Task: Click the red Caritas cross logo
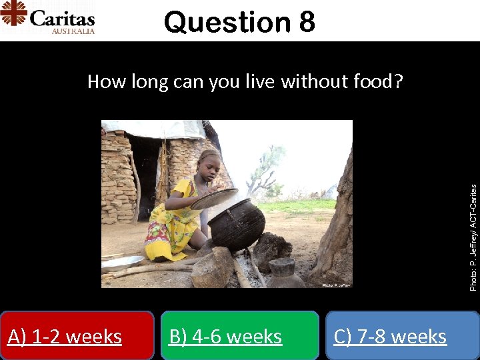pos(13,13)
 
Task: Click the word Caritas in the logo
pos(61,17)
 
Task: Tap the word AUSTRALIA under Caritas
pos(73,31)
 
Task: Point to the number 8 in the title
pos(307,22)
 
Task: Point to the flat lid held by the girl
pos(214,198)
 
